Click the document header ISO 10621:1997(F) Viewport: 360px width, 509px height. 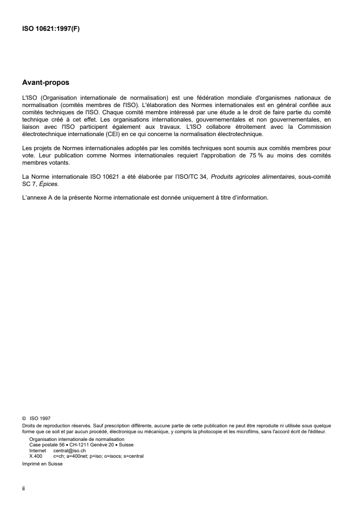[x=51, y=31]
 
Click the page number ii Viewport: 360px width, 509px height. [x=24, y=489]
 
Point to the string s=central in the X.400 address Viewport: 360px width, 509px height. [x=133, y=456]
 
